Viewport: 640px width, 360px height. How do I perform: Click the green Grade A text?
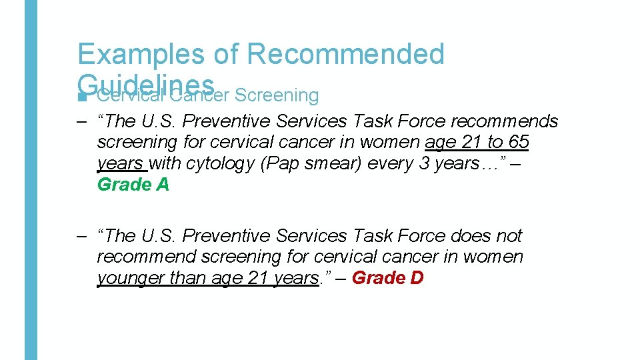point(133,185)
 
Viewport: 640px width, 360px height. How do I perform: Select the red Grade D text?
point(387,277)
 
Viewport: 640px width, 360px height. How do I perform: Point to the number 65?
point(517,143)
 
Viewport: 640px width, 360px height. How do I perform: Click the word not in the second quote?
point(509,236)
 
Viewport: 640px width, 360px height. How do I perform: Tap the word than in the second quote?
point(188,277)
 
